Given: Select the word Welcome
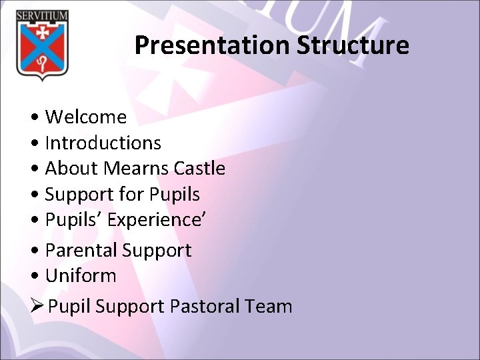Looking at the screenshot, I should pyautogui.click(x=85, y=117).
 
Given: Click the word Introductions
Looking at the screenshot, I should pyautogui.click(x=103, y=143).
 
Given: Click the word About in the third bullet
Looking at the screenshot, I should pyautogui.click(x=71, y=169).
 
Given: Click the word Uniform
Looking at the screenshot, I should pyautogui.click(x=80, y=276).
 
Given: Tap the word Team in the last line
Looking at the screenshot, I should pyautogui.click(x=269, y=307).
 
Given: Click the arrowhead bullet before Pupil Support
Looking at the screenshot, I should pyautogui.click(x=38, y=307).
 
